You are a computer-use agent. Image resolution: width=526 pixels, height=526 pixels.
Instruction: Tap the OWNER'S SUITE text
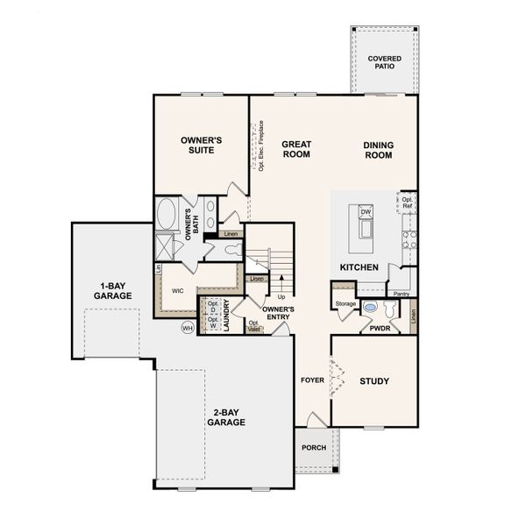point(201,145)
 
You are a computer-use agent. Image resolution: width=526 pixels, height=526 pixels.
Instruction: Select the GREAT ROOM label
point(296,149)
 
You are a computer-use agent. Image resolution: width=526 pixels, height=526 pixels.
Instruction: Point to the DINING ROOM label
point(379,150)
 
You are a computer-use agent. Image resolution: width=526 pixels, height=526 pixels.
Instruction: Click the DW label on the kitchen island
point(366,212)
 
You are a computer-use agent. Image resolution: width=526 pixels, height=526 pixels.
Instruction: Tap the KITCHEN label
point(359,267)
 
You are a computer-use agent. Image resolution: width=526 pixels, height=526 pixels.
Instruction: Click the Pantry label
point(401,294)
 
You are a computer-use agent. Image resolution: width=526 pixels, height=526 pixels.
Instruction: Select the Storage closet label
point(345,303)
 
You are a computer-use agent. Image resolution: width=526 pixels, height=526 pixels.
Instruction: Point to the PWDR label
point(380,330)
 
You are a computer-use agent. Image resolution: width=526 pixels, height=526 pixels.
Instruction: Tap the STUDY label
point(374,381)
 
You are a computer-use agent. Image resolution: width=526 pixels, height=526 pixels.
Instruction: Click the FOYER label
point(313,381)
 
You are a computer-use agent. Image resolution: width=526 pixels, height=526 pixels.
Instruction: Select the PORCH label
point(313,448)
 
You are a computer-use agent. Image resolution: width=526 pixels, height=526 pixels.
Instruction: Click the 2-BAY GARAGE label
point(226,416)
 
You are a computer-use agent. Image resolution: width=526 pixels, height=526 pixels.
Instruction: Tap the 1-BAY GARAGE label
point(115,291)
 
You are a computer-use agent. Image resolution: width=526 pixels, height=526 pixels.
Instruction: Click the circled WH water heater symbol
point(187,328)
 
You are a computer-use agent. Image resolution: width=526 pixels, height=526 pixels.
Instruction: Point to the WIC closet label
point(177,290)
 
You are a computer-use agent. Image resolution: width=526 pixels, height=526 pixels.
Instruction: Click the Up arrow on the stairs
point(281,296)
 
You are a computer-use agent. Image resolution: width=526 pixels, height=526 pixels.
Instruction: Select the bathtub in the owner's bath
point(167,214)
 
